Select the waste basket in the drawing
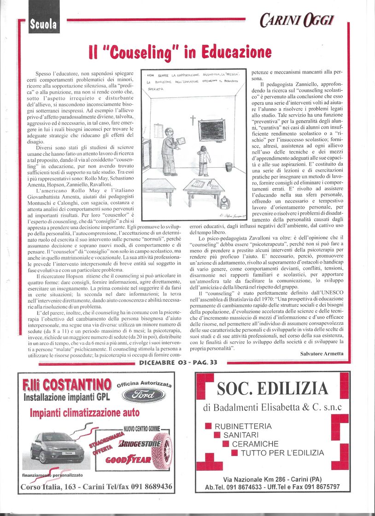pyautogui.click(x=229, y=166)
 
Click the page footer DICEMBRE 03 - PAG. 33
pyautogui.click(x=178, y=363)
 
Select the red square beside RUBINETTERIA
pyautogui.click(x=208, y=426)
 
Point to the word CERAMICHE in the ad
pyautogui.click(x=255, y=444)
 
